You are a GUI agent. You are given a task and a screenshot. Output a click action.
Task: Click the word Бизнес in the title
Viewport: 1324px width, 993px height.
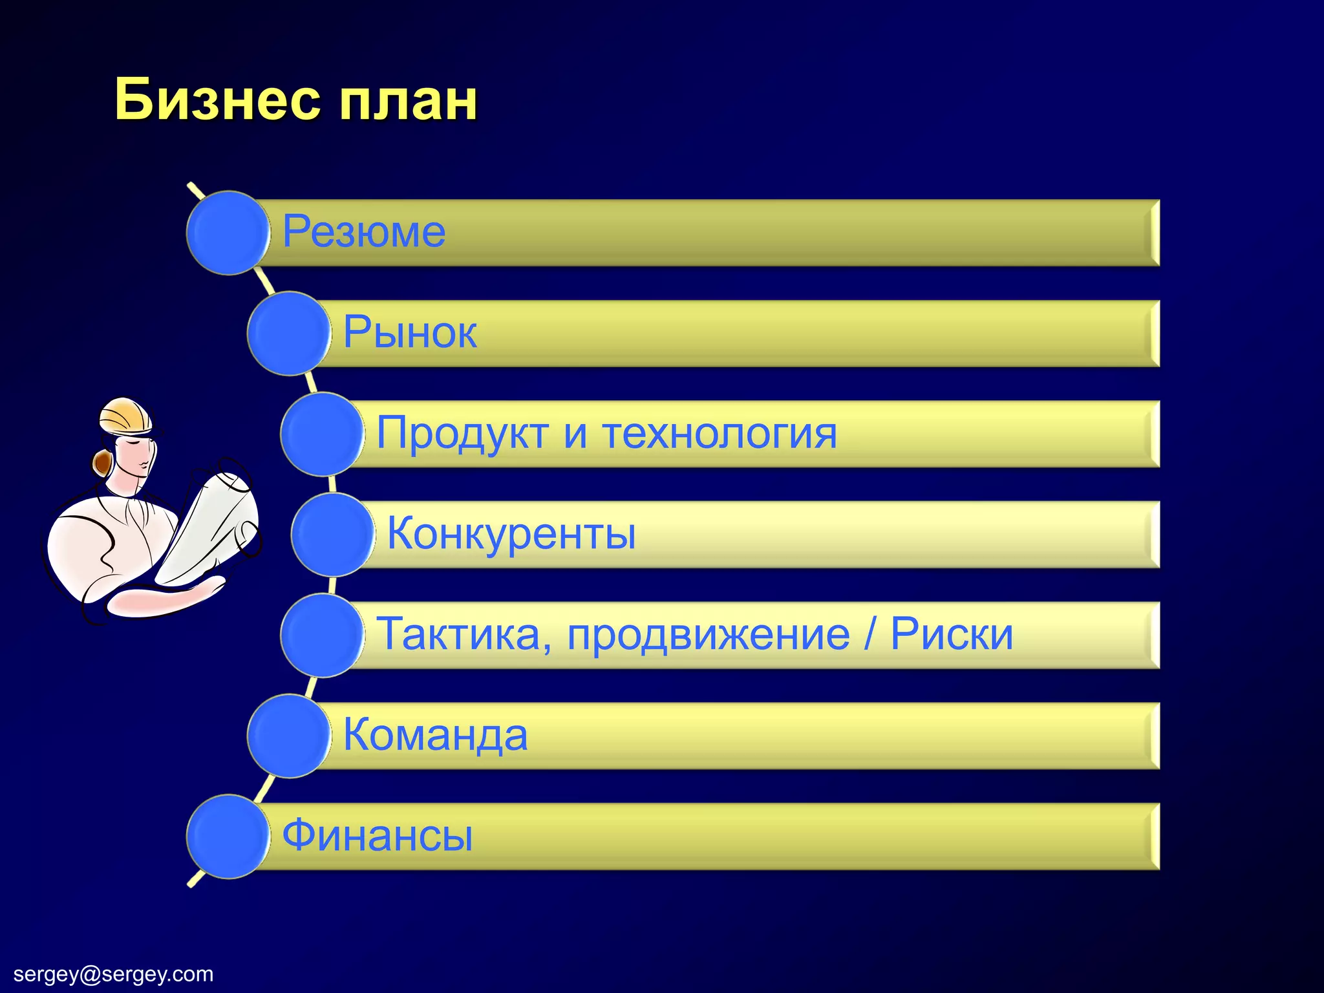(x=217, y=100)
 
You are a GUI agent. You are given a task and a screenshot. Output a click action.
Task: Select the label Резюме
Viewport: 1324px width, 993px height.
(x=364, y=231)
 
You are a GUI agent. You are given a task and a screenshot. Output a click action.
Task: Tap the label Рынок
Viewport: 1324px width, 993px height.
(x=410, y=332)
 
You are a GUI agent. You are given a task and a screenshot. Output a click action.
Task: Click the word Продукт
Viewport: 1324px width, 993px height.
(x=462, y=433)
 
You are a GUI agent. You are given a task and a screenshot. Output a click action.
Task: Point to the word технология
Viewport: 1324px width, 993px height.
(x=720, y=433)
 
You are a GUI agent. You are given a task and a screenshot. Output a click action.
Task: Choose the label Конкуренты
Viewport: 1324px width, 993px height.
(x=511, y=534)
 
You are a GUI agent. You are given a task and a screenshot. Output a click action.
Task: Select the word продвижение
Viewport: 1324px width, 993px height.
(x=709, y=634)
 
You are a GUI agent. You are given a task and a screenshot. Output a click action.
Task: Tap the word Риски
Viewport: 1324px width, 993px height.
(x=952, y=634)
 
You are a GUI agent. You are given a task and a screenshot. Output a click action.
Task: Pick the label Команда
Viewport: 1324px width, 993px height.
(x=435, y=735)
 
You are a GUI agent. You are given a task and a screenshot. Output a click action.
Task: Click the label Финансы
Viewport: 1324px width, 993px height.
(x=378, y=835)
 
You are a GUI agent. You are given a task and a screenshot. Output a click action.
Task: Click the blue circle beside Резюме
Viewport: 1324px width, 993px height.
(x=228, y=233)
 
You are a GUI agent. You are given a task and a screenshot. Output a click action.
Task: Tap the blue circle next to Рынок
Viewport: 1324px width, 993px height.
(x=288, y=334)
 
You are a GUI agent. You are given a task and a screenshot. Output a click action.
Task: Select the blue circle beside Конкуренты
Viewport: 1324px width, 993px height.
(x=332, y=535)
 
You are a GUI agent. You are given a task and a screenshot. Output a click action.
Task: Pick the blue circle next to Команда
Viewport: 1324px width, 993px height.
(x=288, y=736)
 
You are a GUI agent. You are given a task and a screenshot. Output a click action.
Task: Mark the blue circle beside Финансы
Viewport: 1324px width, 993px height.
(x=228, y=837)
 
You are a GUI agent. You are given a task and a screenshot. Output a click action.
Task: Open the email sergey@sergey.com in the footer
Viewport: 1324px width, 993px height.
(x=113, y=974)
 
